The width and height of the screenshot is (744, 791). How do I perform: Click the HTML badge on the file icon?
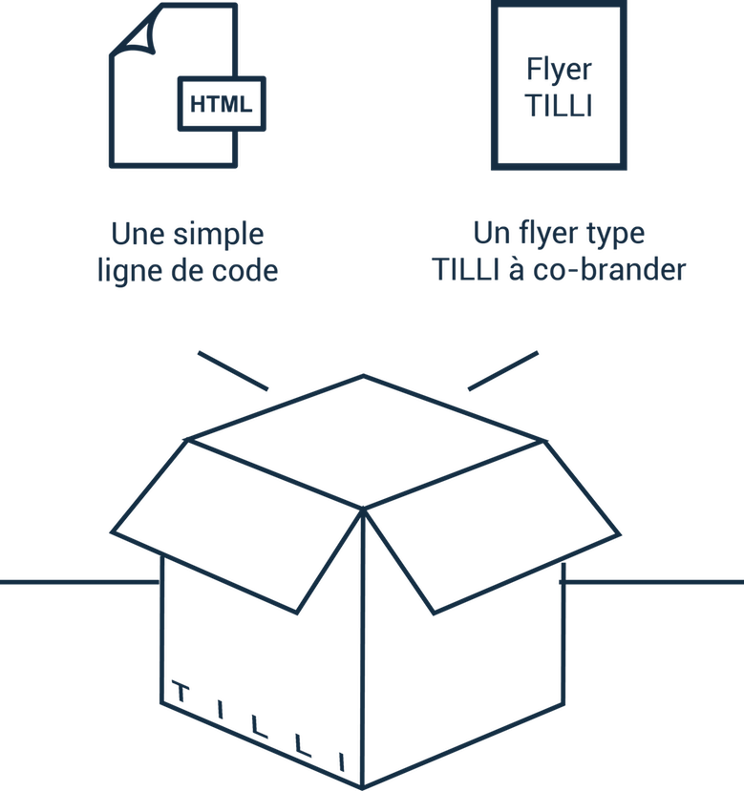pos(222,103)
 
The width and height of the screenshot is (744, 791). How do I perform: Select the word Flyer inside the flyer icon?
pos(559,70)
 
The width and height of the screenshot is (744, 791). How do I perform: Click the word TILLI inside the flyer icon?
pos(559,104)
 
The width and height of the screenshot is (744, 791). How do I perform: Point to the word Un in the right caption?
pos(488,234)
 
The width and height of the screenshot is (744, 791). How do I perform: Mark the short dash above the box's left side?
pos(233,370)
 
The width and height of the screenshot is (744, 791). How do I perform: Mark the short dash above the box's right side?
pos(501,370)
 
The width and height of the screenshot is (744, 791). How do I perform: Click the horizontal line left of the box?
pos(76,583)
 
